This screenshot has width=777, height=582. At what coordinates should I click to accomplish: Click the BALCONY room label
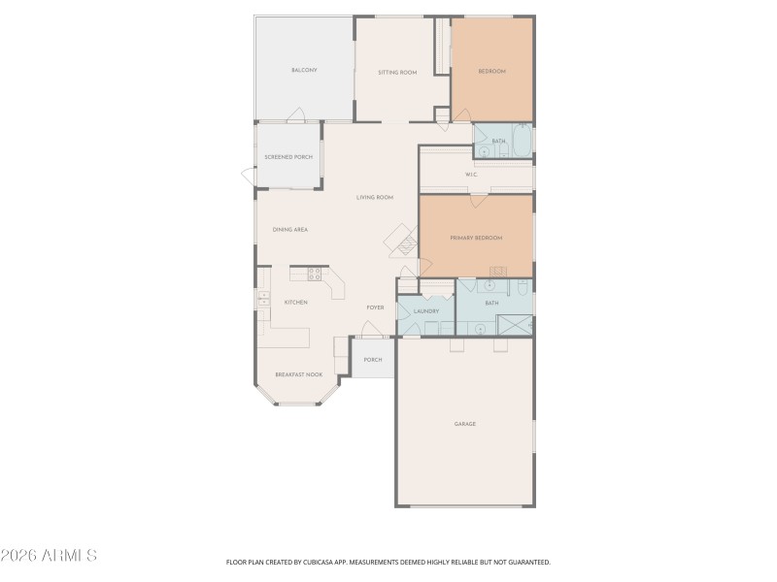coord(304,71)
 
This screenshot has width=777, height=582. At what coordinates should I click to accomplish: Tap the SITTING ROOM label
coord(397,72)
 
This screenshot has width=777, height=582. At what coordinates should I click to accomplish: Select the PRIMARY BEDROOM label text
coord(476,238)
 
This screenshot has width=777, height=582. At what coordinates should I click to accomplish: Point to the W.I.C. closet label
coord(471,175)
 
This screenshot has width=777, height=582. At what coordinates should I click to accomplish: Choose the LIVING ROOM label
coord(375,197)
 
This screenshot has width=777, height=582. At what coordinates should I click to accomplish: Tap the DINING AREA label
coord(290,229)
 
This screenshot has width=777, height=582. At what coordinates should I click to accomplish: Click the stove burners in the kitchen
coord(314,273)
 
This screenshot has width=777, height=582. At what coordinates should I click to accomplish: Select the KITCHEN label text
coord(295,302)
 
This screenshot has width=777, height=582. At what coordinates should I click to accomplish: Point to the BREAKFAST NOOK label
coord(298,374)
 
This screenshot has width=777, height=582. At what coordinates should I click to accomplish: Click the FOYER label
coord(375,307)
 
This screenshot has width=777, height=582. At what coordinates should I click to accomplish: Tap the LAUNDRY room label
coord(426,311)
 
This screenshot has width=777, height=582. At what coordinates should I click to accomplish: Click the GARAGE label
coord(464,424)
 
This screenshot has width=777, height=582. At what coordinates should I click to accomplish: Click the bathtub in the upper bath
coord(522,142)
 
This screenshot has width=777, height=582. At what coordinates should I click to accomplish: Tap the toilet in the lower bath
coord(522,287)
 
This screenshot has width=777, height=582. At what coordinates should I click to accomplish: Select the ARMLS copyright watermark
coord(49,556)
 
